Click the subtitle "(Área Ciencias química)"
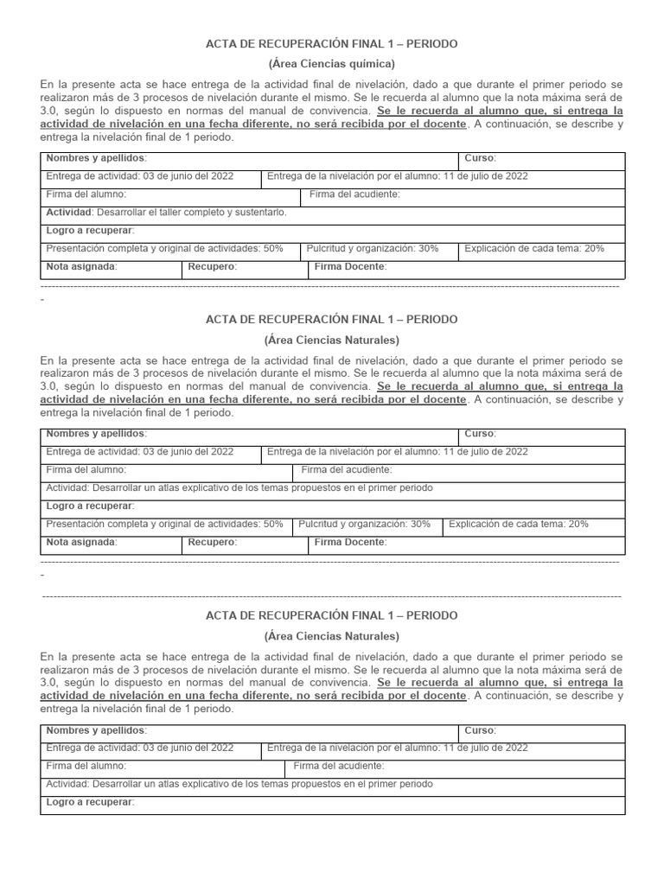click(x=332, y=64)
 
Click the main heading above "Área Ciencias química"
click(x=332, y=43)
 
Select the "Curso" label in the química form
click(x=480, y=159)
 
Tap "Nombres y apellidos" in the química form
click(x=96, y=159)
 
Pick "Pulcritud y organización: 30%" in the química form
click(x=373, y=249)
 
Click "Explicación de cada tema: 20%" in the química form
click(x=534, y=249)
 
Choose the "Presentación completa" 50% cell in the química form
click(x=164, y=249)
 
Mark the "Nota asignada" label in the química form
click(x=81, y=267)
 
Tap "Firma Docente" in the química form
click(x=350, y=267)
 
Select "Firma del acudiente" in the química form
click(x=354, y=194)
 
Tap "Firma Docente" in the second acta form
click(x=350, y=543)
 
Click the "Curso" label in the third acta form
click(x=480, y=730)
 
